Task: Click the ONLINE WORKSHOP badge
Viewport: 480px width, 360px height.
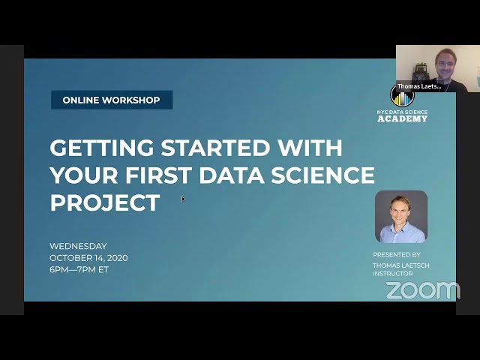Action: click(111, 100)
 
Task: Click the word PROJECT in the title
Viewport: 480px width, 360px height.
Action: click(104, 202)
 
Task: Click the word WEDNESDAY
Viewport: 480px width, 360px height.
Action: click(78, 246)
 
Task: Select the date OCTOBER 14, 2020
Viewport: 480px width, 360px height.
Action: click(88, 258)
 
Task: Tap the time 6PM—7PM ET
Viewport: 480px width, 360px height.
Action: click(79, 269)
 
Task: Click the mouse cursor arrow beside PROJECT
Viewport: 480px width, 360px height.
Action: click(183, 199)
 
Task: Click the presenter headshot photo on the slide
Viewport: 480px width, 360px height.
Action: click(401, 217)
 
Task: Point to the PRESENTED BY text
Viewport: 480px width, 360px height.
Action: click(396, 255)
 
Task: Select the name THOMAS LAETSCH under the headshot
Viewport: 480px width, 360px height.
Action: click(400, 265)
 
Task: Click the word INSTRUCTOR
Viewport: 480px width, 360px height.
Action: click(392, 274)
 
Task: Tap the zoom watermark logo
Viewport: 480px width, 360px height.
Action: click(422, 290)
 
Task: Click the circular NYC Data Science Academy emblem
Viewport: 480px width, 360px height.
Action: click(403, 97)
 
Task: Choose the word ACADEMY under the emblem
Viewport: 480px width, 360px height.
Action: click(403, 119)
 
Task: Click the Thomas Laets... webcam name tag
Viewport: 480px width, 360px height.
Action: click(418, 86)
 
